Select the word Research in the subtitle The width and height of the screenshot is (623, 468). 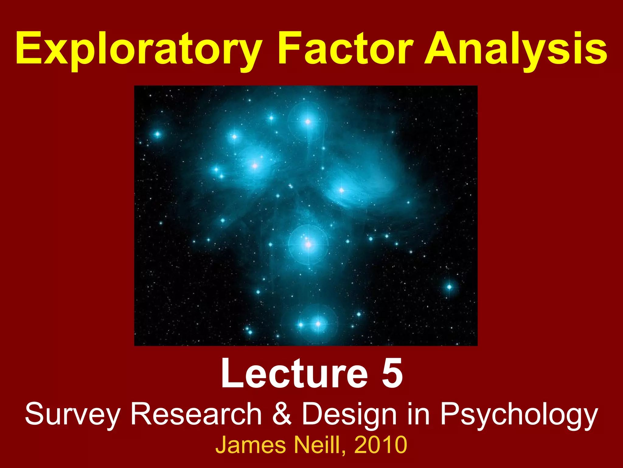[x=196, y=414]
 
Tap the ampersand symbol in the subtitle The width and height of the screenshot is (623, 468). [x=281, y=414]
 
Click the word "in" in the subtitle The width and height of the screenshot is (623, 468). [x=419, y=414]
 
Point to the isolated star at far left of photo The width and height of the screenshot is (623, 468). [x=157, y=134]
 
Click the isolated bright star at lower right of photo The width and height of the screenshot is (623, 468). [x=449, y=287]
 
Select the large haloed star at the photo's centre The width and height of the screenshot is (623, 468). [x=308, y=244]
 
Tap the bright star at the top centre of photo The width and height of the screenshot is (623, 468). [x=308, y=122]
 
